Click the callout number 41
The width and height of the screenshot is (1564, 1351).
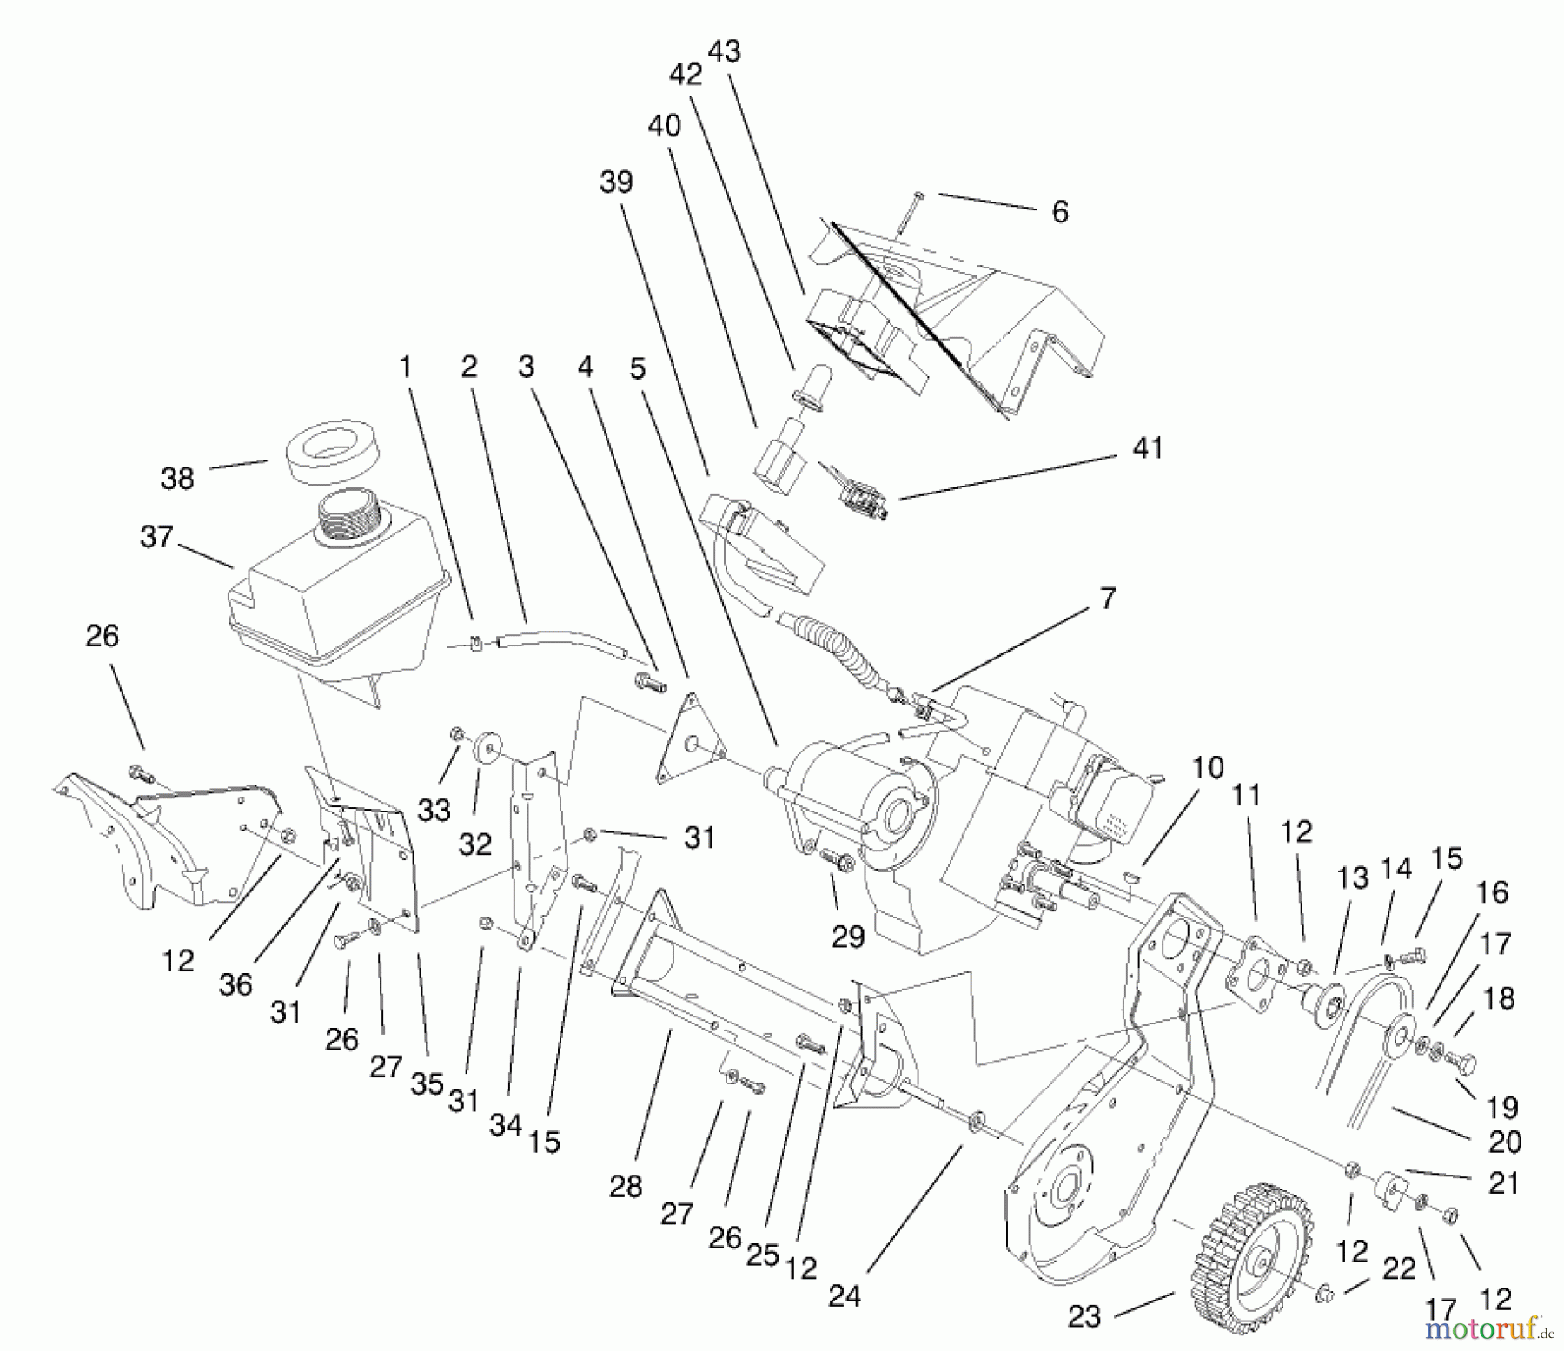[1148, 449]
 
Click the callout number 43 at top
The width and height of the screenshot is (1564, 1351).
[725, 52]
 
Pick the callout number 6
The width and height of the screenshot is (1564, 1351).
[1059, 212]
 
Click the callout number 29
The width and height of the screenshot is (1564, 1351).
[847, 937]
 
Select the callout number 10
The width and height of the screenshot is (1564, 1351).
[1208, 768]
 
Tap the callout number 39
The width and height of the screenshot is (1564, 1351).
[616, 182]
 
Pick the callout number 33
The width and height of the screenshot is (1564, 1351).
[434, 811]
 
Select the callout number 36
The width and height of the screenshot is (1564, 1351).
[235, 984]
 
